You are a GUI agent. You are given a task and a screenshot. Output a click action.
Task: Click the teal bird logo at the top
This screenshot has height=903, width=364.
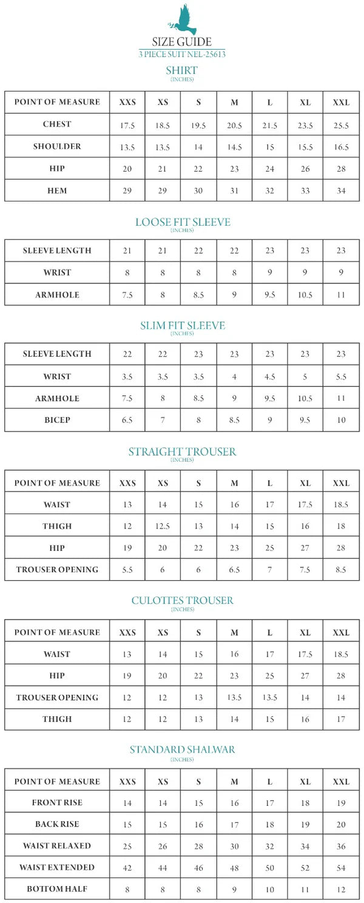(182, 20)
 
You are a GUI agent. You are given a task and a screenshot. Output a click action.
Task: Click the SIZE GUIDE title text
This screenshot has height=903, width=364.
(182, 42)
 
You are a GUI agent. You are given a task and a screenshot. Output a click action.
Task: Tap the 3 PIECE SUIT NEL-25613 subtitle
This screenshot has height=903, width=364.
(182, 55)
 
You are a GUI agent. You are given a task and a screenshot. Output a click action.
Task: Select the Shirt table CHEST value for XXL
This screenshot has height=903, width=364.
(341, 125)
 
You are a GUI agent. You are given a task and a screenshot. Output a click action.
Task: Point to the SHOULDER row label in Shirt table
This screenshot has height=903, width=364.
(57, 147)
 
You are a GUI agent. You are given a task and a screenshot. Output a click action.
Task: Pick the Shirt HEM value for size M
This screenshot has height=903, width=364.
(235, 191)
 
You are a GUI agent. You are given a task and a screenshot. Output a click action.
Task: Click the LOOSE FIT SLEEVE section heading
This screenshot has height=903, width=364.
(182, 222)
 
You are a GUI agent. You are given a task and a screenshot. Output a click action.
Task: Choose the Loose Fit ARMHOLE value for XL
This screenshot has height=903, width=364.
(305, 296)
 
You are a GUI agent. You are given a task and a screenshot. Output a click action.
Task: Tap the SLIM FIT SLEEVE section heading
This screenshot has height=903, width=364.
(182, 326)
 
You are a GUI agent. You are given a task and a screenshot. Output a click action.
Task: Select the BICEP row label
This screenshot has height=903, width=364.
(57, 420)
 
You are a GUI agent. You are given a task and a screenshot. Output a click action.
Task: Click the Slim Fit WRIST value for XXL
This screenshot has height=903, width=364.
(341, 377)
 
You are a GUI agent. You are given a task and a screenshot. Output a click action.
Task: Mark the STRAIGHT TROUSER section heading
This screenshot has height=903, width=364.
(182, 451)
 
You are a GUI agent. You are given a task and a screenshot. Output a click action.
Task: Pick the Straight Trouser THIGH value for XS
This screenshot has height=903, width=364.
(163, 527)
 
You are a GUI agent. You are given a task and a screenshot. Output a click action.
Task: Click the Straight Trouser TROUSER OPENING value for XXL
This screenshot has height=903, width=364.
(341, 570)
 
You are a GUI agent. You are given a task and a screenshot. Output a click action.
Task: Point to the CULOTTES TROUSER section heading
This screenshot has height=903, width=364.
(182, 601)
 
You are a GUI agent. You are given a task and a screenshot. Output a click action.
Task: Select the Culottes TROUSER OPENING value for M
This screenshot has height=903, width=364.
(235, 698)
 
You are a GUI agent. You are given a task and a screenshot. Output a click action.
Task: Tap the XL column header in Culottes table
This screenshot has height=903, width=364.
(305, 632)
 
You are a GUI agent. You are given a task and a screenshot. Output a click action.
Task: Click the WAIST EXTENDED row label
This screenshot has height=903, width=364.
(57, 868)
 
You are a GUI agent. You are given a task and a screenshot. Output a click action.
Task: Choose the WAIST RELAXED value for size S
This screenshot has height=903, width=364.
(198, 846)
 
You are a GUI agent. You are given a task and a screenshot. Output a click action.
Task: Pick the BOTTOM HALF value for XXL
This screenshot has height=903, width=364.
(341, 890)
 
